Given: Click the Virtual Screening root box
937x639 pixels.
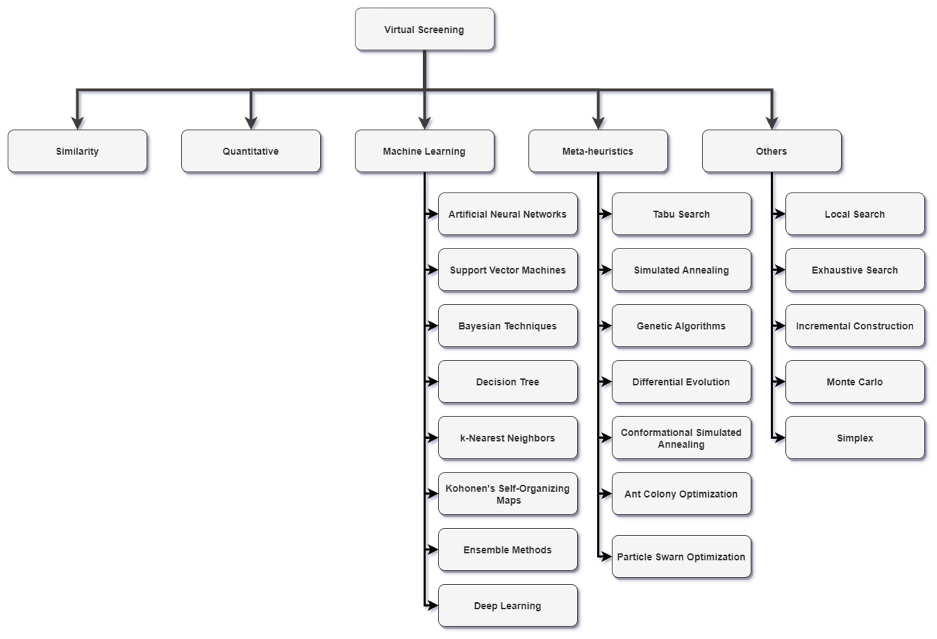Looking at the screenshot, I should tap(424, 30).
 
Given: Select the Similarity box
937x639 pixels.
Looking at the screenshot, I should tap(77, 151).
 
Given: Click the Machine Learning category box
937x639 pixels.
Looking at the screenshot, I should tap(424, 151).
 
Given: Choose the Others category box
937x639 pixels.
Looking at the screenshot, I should tap(771, 151).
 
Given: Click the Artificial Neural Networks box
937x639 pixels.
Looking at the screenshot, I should tap(508, 214).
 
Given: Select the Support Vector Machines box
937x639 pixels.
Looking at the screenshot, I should tap(508, 270).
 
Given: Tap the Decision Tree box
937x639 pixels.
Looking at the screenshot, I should tap(508, 382).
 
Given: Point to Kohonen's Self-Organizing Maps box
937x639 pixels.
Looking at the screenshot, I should tap(508, 494).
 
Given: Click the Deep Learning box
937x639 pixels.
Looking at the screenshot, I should tap(508, 606).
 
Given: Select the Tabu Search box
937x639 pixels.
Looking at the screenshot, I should tap(681, 214).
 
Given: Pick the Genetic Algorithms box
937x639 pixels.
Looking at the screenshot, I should tap(681, 326).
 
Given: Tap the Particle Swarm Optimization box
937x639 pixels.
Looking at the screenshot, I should tap(681, 557).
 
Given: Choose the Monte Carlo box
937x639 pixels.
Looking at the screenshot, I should tap(855, 382).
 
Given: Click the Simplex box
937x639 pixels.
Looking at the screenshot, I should tap(855, 438).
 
